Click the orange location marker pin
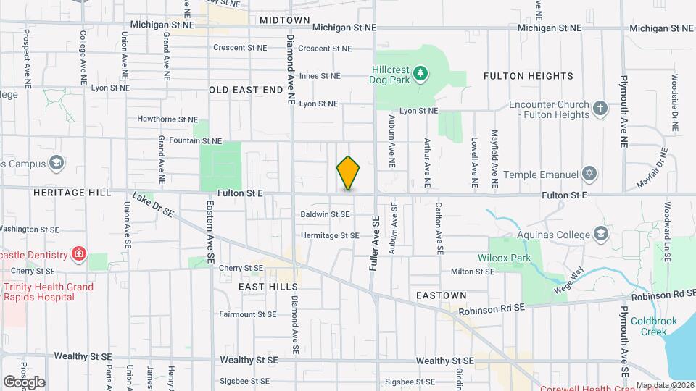click(349, 174)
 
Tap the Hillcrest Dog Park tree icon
click(419, 73)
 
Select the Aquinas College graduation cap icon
click(601, 233)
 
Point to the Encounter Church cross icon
click(600, 109)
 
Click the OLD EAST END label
click(245, 90)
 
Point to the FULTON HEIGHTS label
click(528, 75)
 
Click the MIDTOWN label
click(284, 20)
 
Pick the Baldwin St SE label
click(325, 214)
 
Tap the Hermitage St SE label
click(330, 235)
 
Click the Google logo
click(24, 382)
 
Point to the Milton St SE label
click(472, 272)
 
